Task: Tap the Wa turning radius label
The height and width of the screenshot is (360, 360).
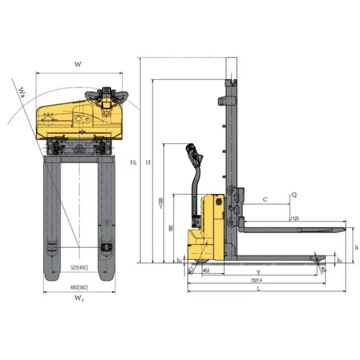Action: tap(22, 91)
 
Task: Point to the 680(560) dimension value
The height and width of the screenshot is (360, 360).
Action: tap(79, 287)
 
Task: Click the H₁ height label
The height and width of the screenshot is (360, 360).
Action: tap(133, 163)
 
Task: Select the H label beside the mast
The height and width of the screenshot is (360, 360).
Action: tap(148, 163)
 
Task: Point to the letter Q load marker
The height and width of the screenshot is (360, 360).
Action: tap(294, 195)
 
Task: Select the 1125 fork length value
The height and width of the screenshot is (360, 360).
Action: tap(295, 219)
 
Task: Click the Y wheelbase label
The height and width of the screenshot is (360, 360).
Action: tap(258, 273)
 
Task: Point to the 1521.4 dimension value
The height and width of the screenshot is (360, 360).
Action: tap(258, 280)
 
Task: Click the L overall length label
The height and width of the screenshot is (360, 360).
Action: tap(258, 289)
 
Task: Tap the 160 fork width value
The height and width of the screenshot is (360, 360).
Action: tap(106, 222)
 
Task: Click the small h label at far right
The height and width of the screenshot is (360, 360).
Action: tap(356, 247)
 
